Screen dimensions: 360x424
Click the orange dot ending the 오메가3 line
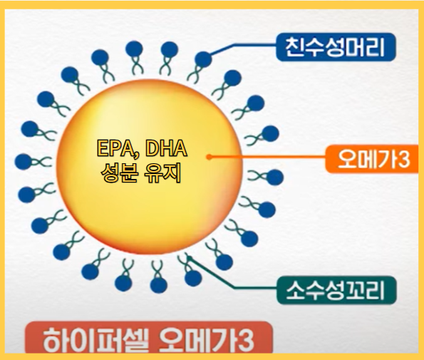pos(208,156)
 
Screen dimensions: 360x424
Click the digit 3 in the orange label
pos(404,160)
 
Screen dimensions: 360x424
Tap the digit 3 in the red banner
pos(244,339)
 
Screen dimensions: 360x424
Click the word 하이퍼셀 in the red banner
pos(85,338)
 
